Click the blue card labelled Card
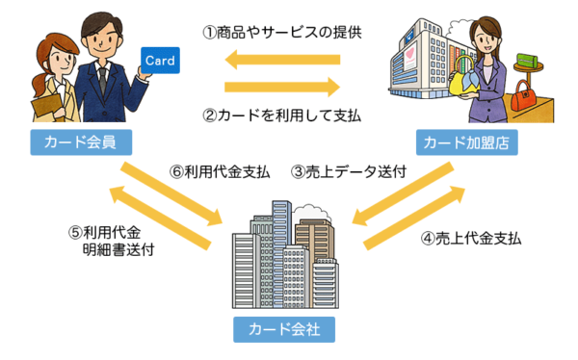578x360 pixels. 159,61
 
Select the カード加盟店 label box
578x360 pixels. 469,143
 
